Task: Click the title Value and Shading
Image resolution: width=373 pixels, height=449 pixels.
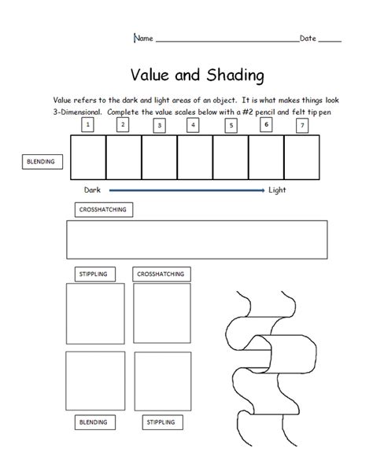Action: [198, 75]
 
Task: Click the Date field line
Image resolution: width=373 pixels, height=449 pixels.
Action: [330, 39]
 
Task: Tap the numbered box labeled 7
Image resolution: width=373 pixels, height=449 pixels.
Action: [302, 124]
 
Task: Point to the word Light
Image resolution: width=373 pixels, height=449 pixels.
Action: [278, 190]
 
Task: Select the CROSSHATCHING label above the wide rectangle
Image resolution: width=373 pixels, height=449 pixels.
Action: [102, 210]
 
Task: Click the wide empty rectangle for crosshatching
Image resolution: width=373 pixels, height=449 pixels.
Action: [197, 240]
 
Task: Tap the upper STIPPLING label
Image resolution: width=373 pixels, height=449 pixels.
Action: [94, 274]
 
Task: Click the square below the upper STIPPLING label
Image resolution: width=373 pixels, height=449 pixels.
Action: [94, 312]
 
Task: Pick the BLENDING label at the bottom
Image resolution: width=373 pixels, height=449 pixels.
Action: [93, 422]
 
